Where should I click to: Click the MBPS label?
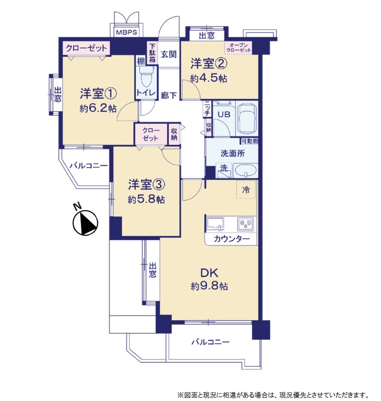tap(127, 32)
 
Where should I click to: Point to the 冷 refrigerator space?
tap(246, 189)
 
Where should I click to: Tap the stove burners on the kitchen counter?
tap(246, 224)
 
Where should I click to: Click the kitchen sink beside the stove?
tap(215, 224)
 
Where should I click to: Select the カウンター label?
tap(232, 239)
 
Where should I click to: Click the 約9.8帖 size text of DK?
tap(209, 286)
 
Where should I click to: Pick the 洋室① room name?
tap(98, 93)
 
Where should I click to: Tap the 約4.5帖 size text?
tap(209, 78)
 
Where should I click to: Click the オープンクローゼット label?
tap(238, 48)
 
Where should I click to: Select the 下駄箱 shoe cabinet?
tap(152, 53)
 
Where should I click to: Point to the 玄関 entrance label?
tap(168, 55)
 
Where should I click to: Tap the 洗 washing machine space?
tap(224, 170)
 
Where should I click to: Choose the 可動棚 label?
tap(250, 141)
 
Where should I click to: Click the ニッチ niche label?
tap(207, 109)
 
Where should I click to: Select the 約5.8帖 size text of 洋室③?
tap(146, 199)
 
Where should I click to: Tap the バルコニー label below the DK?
tap(210, 342)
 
